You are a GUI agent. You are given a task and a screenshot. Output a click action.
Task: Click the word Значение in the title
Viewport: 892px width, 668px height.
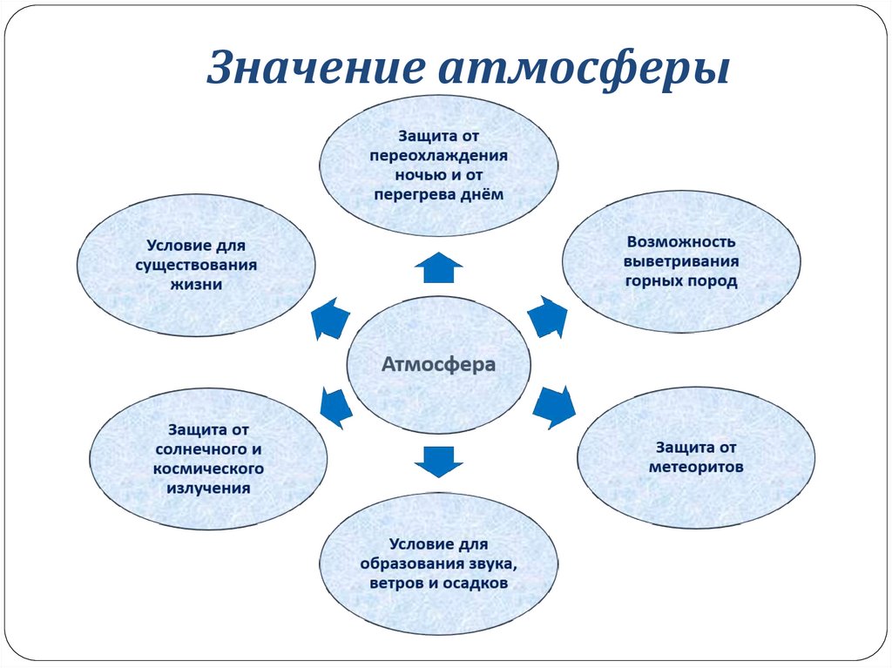(308, 69)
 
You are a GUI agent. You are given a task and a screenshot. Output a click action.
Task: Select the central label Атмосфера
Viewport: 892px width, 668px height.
(438, 364)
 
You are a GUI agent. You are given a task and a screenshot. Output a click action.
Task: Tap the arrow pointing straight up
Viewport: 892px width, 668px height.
(437, 267)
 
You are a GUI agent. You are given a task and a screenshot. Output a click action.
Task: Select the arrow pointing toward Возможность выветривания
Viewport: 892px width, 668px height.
(547, 316)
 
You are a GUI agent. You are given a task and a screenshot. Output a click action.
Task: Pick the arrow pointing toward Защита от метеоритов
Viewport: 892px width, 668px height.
(553, 406)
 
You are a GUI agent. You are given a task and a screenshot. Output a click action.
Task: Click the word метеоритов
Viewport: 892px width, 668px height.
(696, 467)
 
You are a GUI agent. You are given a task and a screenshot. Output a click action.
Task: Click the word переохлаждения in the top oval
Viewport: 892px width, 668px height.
(438, 155)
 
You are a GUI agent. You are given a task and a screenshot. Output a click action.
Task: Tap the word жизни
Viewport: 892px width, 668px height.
(196, 283)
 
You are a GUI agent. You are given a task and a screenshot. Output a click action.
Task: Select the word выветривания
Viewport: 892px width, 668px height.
(681, 260)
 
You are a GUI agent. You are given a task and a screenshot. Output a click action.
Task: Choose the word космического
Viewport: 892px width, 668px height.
(208, 469)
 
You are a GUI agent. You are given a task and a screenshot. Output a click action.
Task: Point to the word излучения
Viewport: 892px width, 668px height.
(208, 488)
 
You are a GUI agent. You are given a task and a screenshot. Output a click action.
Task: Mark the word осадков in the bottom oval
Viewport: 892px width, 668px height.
(475, 583)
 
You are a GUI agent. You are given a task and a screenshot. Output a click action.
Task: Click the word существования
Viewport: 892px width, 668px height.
(196, 263)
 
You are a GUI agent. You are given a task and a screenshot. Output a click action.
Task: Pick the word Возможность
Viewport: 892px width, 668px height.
(681, 240)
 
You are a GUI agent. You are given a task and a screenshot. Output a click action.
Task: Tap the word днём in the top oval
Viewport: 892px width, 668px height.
(485, 193)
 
